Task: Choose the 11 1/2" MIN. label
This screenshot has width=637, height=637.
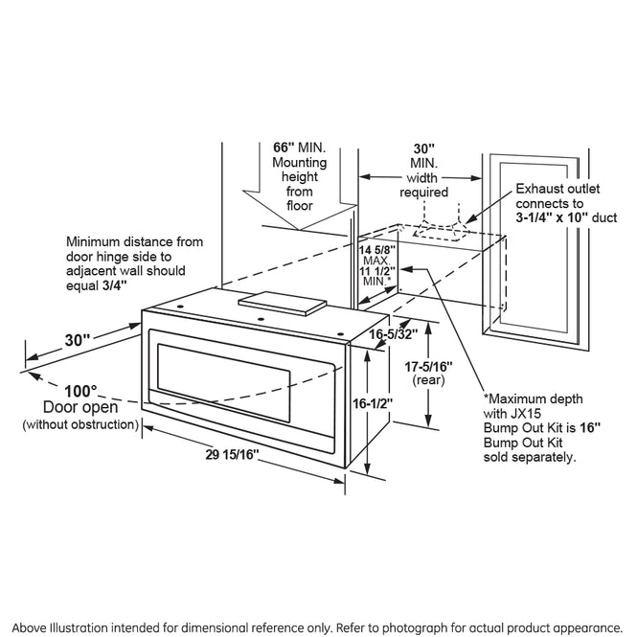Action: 376,277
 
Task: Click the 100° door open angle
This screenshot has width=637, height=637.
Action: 81,392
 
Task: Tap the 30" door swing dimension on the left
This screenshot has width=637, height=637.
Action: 80,338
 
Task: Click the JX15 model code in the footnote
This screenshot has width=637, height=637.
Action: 523,415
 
